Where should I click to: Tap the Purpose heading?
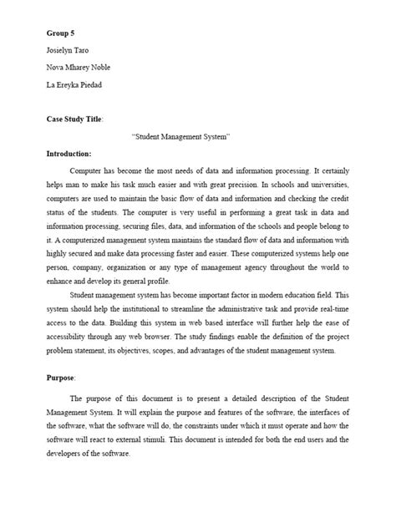point(62,377)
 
